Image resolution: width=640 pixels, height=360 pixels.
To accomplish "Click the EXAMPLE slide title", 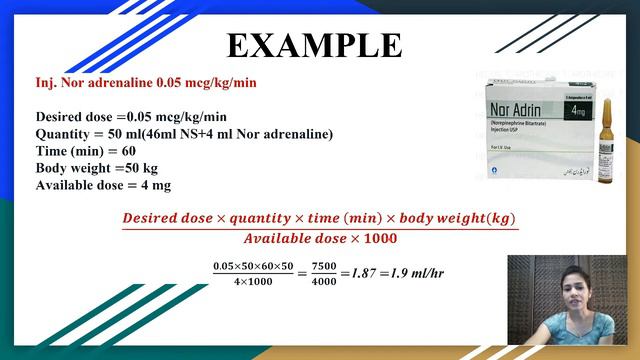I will (x=314, y=45).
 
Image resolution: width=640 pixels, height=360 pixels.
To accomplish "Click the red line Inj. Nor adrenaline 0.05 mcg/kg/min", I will (x=145, y=82).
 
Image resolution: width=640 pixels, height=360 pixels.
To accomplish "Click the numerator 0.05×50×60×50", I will (x=253, y=265).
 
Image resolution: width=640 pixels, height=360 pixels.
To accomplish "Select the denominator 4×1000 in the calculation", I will (x=253, y=282).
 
